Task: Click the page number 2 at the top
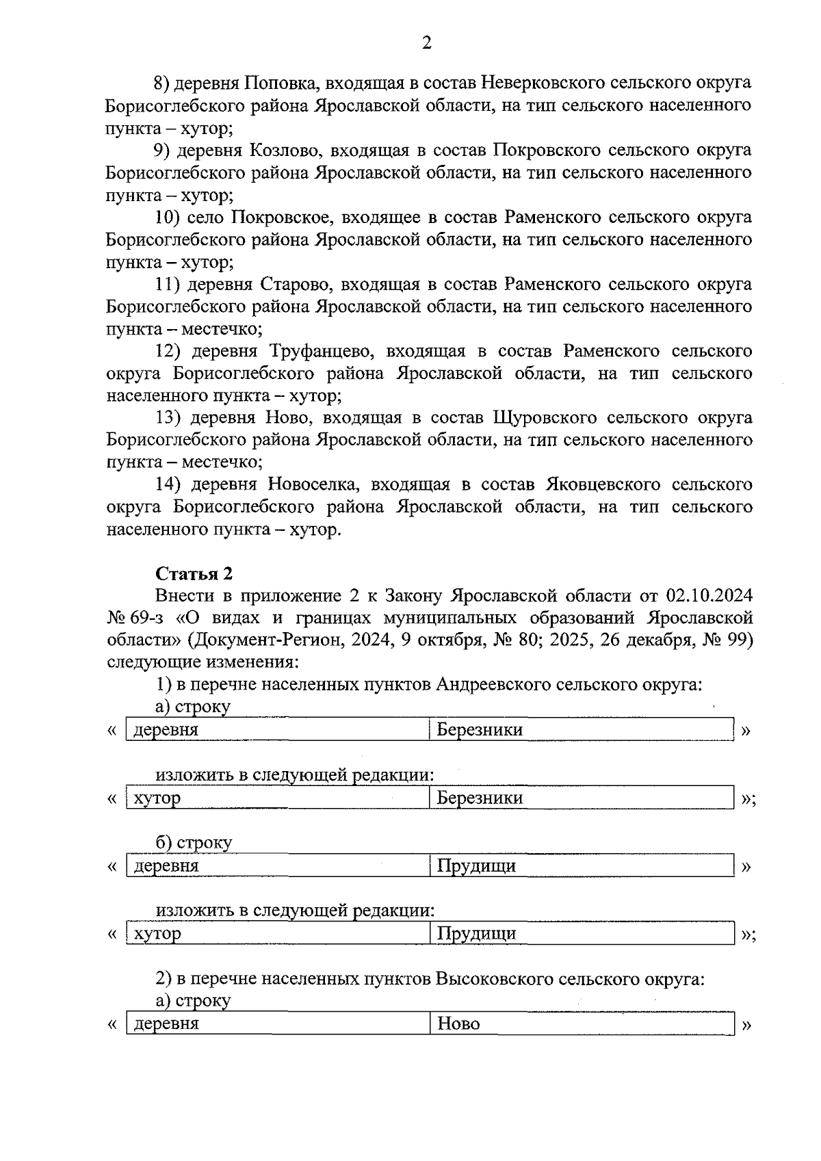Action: click(426, 44)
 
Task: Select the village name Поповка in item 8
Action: click(281, 83)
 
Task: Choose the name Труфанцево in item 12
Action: click(322, 352)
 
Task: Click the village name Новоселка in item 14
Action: click(313, 485)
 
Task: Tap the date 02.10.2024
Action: click(708, 596)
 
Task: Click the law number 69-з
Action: click(149, 618)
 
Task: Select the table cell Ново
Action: click(459, 1024)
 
